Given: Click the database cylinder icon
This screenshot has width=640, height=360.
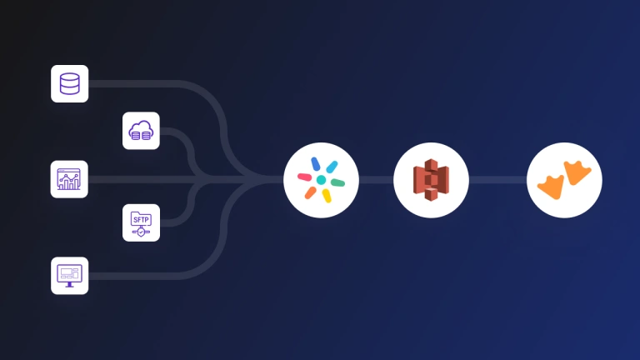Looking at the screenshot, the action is coord(69,83).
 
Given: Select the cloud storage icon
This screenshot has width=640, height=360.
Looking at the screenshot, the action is coord(141,131).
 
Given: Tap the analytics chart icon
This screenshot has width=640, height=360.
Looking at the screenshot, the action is coord(69,178).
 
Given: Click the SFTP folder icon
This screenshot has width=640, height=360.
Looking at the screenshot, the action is coord(141,222).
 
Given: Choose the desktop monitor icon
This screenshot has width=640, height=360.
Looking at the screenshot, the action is coord(69,275).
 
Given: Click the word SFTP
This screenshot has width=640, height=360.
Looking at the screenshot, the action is coord(141,218).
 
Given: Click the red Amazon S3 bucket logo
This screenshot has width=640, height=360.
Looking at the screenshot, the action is coord(431,180).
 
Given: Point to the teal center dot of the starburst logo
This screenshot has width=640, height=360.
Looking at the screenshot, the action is coord(321,180).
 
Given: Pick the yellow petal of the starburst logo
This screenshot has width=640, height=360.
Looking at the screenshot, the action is coord(327,195).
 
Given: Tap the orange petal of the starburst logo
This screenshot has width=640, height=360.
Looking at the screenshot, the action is coord(311,192).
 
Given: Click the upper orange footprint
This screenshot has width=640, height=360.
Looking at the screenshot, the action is coord(577,172).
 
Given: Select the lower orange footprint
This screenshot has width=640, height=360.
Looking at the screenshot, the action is coord(551,187).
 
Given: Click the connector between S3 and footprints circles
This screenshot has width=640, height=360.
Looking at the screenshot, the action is coord(497,180).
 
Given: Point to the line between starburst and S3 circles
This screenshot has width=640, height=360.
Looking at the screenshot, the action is coord(376,180).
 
